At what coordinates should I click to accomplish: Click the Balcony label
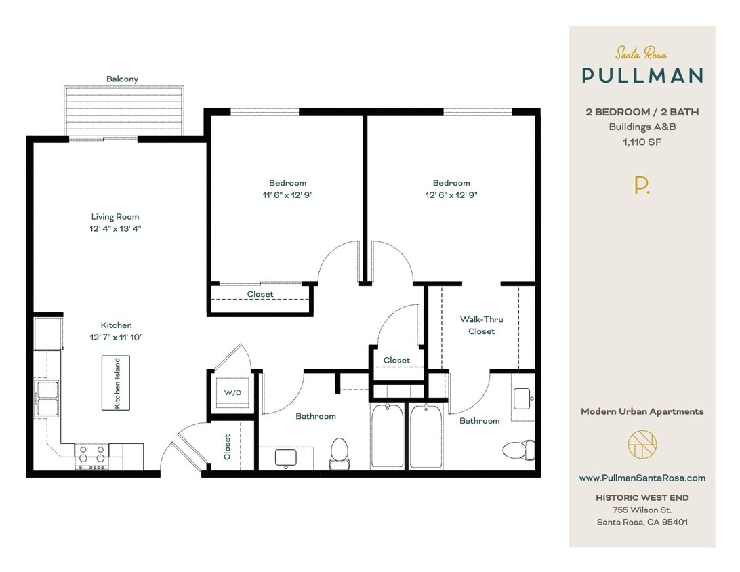click(x=122, y=79)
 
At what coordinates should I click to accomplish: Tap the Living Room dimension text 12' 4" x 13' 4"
click(x=116, y=228)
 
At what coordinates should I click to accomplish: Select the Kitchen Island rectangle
click(x=116, y=383)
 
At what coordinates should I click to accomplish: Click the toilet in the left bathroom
click(x=339, y=453)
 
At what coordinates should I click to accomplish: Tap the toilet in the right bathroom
click(x=518, y=449)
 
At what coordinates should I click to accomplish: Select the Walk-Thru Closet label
click(x=481, y=325)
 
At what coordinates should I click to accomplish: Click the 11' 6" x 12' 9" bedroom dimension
click(x=287, y=195)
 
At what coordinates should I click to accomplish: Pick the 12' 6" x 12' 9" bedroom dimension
click(x=451, y=195)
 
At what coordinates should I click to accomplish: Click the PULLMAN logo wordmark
click(x=642, y=75)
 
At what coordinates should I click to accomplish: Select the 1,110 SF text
click(x=642, y=142)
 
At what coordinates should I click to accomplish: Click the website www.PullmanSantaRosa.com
click(x=642, y=478)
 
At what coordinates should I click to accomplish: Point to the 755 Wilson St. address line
click(x=642, y=510)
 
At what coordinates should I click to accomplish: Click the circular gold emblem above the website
click(x=642, y=445)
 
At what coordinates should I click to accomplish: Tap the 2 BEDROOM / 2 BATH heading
click(x=642, y=112)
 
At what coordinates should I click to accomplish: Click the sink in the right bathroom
click(x=522, y=399)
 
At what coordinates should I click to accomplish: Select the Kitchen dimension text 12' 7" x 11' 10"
click(x=116, y=337)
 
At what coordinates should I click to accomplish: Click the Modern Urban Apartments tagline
click(x=642, y=411)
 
